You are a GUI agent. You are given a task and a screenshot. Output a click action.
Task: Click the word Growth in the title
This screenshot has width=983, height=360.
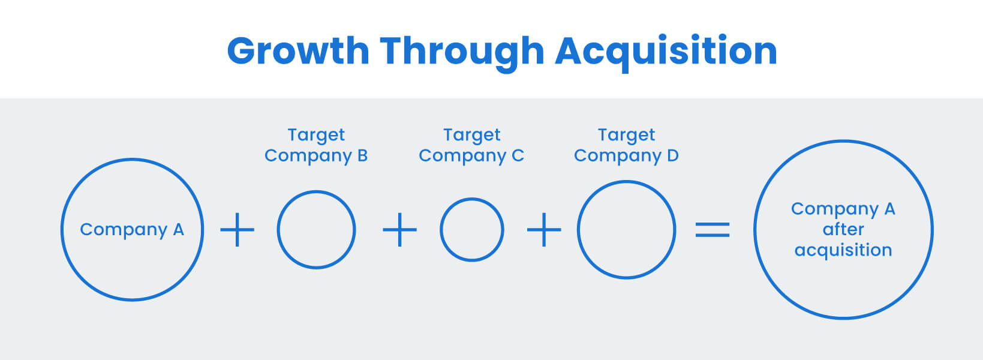pos(298,51)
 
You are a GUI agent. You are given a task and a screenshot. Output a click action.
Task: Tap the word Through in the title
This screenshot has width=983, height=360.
pos(462,51)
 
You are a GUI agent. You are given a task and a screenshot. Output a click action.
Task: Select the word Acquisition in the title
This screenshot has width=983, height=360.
pos(666,51)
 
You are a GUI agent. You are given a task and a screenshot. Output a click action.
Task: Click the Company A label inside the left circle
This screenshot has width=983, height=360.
pos(132,230)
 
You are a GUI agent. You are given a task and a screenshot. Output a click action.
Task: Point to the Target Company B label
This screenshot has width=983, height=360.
pos(316,145)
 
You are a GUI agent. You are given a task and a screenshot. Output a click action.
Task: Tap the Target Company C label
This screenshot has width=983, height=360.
pos(471,145)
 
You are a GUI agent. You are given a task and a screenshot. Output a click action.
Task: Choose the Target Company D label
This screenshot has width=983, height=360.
pos(626,145)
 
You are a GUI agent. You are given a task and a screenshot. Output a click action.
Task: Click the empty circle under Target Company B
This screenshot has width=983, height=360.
pos(316,230)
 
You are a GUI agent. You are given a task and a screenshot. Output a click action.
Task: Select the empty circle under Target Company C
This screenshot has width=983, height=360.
pos(471,230)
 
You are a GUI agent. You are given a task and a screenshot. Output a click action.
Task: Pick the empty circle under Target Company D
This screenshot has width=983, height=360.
pos(626,230)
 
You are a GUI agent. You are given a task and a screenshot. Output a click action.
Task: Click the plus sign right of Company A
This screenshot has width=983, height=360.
pos(238,230)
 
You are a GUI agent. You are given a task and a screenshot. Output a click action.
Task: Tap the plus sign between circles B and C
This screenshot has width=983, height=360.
pos(399,230)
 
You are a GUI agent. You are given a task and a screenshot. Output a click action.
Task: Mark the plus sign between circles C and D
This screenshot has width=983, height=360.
pos(544,230)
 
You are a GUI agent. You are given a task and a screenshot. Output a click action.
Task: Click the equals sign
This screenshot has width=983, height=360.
pos(713,230)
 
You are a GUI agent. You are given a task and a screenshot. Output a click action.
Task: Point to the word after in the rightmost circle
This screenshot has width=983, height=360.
pos(843,229)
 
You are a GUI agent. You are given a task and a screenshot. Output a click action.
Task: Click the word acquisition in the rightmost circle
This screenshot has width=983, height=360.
pos(843,250)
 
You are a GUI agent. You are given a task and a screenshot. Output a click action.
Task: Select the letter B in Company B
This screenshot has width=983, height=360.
pos(362,156)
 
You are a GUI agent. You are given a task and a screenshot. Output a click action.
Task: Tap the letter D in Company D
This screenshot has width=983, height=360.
pos(673,156)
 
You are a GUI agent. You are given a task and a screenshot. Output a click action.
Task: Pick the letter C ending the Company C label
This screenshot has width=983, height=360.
pos(518,156)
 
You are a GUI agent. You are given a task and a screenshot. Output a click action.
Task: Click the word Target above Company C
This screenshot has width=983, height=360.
pos(471,135)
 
